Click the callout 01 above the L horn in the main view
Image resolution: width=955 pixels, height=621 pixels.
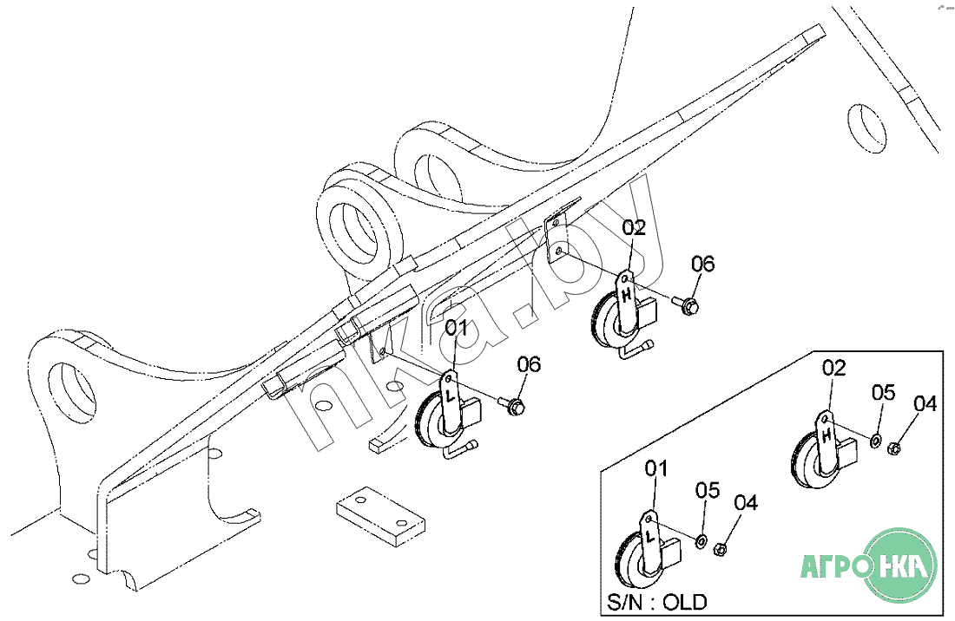(x=456, y=329)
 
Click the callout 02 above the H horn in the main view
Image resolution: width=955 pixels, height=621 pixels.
(x=634, y=227)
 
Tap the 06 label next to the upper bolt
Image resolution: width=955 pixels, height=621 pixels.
(x=703, y=264)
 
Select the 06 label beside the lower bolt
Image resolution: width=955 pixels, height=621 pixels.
(x=529, y=364)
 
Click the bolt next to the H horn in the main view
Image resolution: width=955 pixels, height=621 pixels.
(x=685, y=304)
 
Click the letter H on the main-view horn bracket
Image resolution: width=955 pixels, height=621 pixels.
(x=626, y=294)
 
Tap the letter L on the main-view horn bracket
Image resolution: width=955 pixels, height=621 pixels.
(x=450, y=395)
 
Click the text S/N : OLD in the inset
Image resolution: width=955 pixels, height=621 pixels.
(x=657, y=602)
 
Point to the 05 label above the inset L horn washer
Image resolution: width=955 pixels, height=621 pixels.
(x=708, y=490)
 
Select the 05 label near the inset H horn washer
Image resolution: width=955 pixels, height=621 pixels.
(x=883, y=392)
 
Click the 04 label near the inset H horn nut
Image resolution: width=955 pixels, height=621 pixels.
(x=925, y=403)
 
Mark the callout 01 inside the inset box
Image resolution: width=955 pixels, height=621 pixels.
(x=656, y=469)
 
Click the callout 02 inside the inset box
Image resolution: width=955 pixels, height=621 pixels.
(x=833, y=368)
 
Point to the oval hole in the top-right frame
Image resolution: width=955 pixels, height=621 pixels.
(x=866, y=127)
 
